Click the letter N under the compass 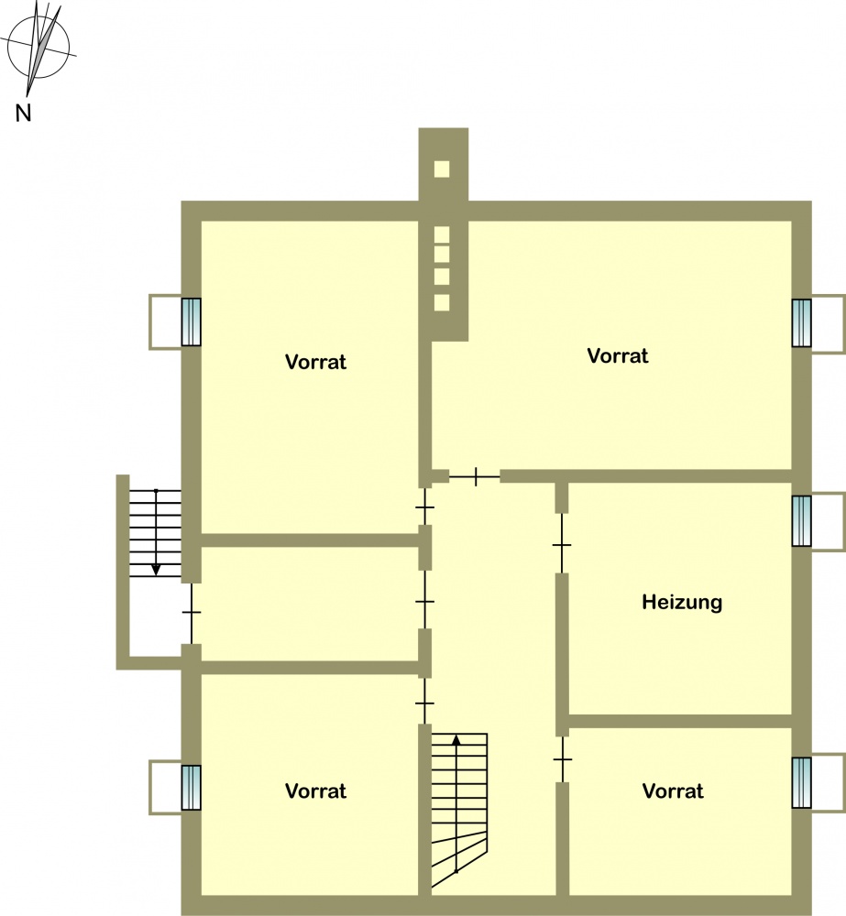23,112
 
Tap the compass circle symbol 38,48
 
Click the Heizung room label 682,603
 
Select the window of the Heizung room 802,521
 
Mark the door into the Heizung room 561,544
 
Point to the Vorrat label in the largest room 618,355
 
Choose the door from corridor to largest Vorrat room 475,476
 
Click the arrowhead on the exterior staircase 156,569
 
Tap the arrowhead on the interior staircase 456,739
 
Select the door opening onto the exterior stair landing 192,613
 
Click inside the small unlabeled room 309,604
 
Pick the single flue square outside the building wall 442,169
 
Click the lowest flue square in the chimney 442,302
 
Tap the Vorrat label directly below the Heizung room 673,791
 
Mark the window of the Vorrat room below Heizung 802,783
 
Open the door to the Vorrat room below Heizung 563,759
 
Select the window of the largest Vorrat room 802,323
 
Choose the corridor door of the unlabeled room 425,600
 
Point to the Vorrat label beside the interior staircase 315,791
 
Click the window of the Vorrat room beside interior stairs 192,788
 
